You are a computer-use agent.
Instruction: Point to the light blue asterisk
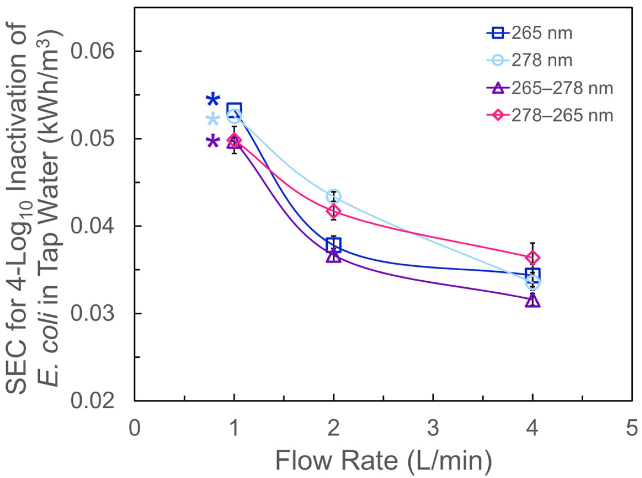(213, 119)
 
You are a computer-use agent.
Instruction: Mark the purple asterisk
(213, 142)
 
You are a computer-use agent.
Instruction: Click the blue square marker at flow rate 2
(333, 245)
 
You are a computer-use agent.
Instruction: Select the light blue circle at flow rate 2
(333, 197)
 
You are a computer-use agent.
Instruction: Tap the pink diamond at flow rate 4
(533, 257)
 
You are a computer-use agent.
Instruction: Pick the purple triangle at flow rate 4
(533, 301)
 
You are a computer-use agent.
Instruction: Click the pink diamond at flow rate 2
(333, 211)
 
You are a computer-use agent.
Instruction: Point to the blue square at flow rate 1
(234, 110)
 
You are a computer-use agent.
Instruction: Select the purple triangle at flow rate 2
(333, 256)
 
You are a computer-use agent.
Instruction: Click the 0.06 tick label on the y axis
(92, 51)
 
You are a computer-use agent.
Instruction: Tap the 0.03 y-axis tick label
(92, 314)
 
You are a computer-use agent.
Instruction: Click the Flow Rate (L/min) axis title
(383, 460)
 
